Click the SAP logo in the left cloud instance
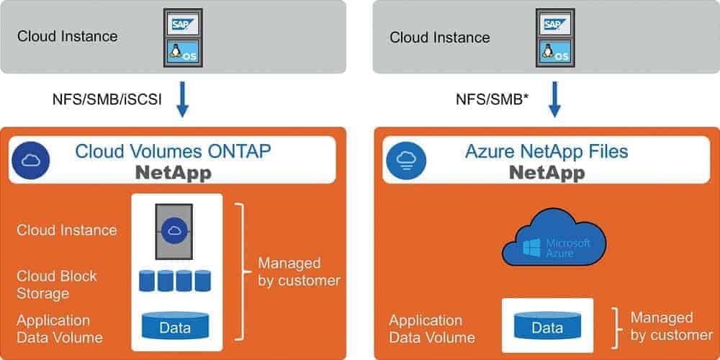181,24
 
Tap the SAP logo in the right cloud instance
554,24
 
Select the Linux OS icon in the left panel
181,52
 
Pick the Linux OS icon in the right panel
554,52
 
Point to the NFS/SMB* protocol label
490,99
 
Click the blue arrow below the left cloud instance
182,100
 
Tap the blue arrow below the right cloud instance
554,100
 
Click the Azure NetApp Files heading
546,151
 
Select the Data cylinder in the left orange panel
175,326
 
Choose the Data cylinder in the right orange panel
547,328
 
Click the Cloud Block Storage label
57,284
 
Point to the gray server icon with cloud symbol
174,230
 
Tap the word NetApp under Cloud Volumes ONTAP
175,174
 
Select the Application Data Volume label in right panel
432,328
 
